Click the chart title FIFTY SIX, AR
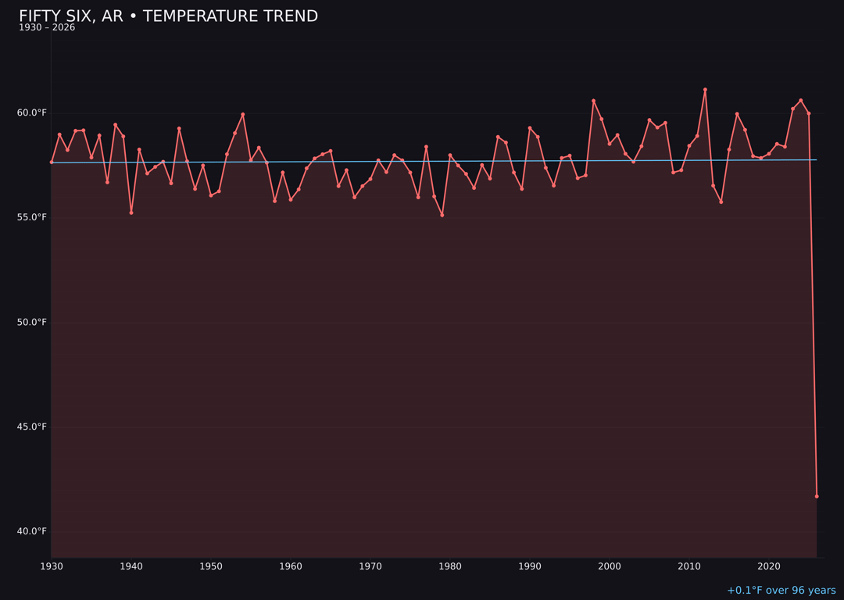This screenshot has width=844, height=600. [168, 16]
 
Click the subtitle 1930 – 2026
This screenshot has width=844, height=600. [47, 27]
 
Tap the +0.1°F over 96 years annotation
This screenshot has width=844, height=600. [781, 591]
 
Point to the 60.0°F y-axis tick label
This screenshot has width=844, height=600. [32, 112]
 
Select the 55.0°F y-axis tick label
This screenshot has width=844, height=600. [32, 217]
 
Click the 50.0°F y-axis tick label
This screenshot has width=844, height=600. [32, 322]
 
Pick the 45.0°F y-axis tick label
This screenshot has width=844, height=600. [32, 427]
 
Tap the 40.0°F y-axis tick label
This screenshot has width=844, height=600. [32, 531]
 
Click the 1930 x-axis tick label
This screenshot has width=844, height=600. [52, 566]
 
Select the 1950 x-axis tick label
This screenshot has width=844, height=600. [211, 566]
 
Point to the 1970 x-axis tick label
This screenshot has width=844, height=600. [370, 566]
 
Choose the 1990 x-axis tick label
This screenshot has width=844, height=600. [530, 566]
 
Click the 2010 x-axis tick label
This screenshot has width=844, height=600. [689, 566]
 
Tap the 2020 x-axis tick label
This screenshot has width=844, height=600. [769, 566]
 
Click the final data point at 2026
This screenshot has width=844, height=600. [817, 496]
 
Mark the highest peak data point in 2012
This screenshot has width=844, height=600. [705, 90]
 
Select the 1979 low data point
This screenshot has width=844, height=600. [442, 215]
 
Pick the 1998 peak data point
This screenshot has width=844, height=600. [593, 101]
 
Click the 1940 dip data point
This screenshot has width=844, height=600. [131, 212]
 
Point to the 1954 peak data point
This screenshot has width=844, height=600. [243, 114]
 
